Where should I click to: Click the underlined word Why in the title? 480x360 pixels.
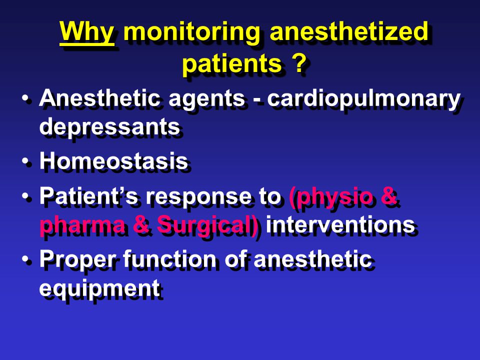[x=87, y=33]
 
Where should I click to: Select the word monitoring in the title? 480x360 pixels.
[x=191, y=33]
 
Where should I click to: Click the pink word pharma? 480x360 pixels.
[x=82, y=225]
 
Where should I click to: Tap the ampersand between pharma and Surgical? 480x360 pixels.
[x=141, y=224]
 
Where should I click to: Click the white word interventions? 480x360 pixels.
[x=340, y=224]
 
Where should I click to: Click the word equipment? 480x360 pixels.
[x=100, y=289]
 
